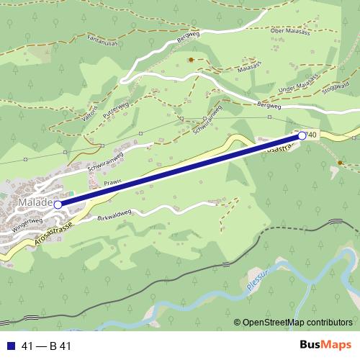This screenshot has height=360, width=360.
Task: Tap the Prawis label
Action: click(x=112, y=183)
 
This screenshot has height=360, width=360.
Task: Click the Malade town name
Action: click(x=33, y=203)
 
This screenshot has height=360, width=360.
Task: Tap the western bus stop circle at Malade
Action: click(x=58, y=204)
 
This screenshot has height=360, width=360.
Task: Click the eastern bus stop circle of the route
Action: click(x=302, y=135)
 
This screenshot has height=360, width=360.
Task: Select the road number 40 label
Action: click(x=312, y=135)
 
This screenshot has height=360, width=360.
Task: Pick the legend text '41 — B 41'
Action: click(x=46, y=346)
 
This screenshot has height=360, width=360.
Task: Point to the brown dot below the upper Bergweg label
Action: click(x=190, y=60)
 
